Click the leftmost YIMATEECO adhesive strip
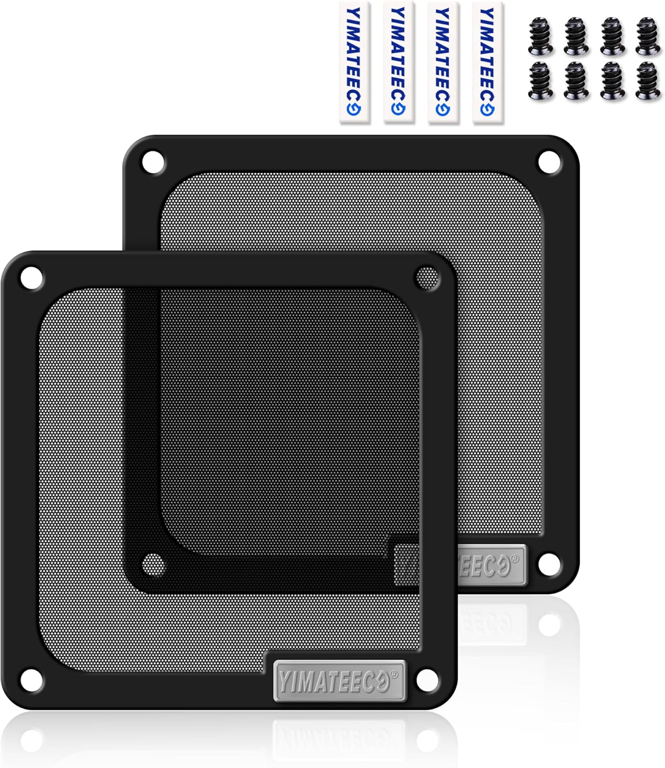tap(353, 62)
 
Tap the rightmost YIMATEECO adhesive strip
tap(487, 62)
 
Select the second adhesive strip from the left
tap(398, 62)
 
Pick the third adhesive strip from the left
tap(442, 62)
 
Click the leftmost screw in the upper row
tap(541, 36)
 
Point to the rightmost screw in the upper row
tap(648, 36)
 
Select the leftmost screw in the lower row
tap(541, 80)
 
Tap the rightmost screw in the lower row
tap(648, 80)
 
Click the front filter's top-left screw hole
tap(31, 278)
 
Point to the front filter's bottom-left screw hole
tap(31, 679)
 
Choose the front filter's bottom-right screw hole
tap(427, 679)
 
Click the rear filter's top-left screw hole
tap(153, 162)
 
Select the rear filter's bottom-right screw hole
tap(549, 563)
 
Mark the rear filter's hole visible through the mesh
tap(153, 564)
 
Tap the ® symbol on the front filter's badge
tap(394, 675)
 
